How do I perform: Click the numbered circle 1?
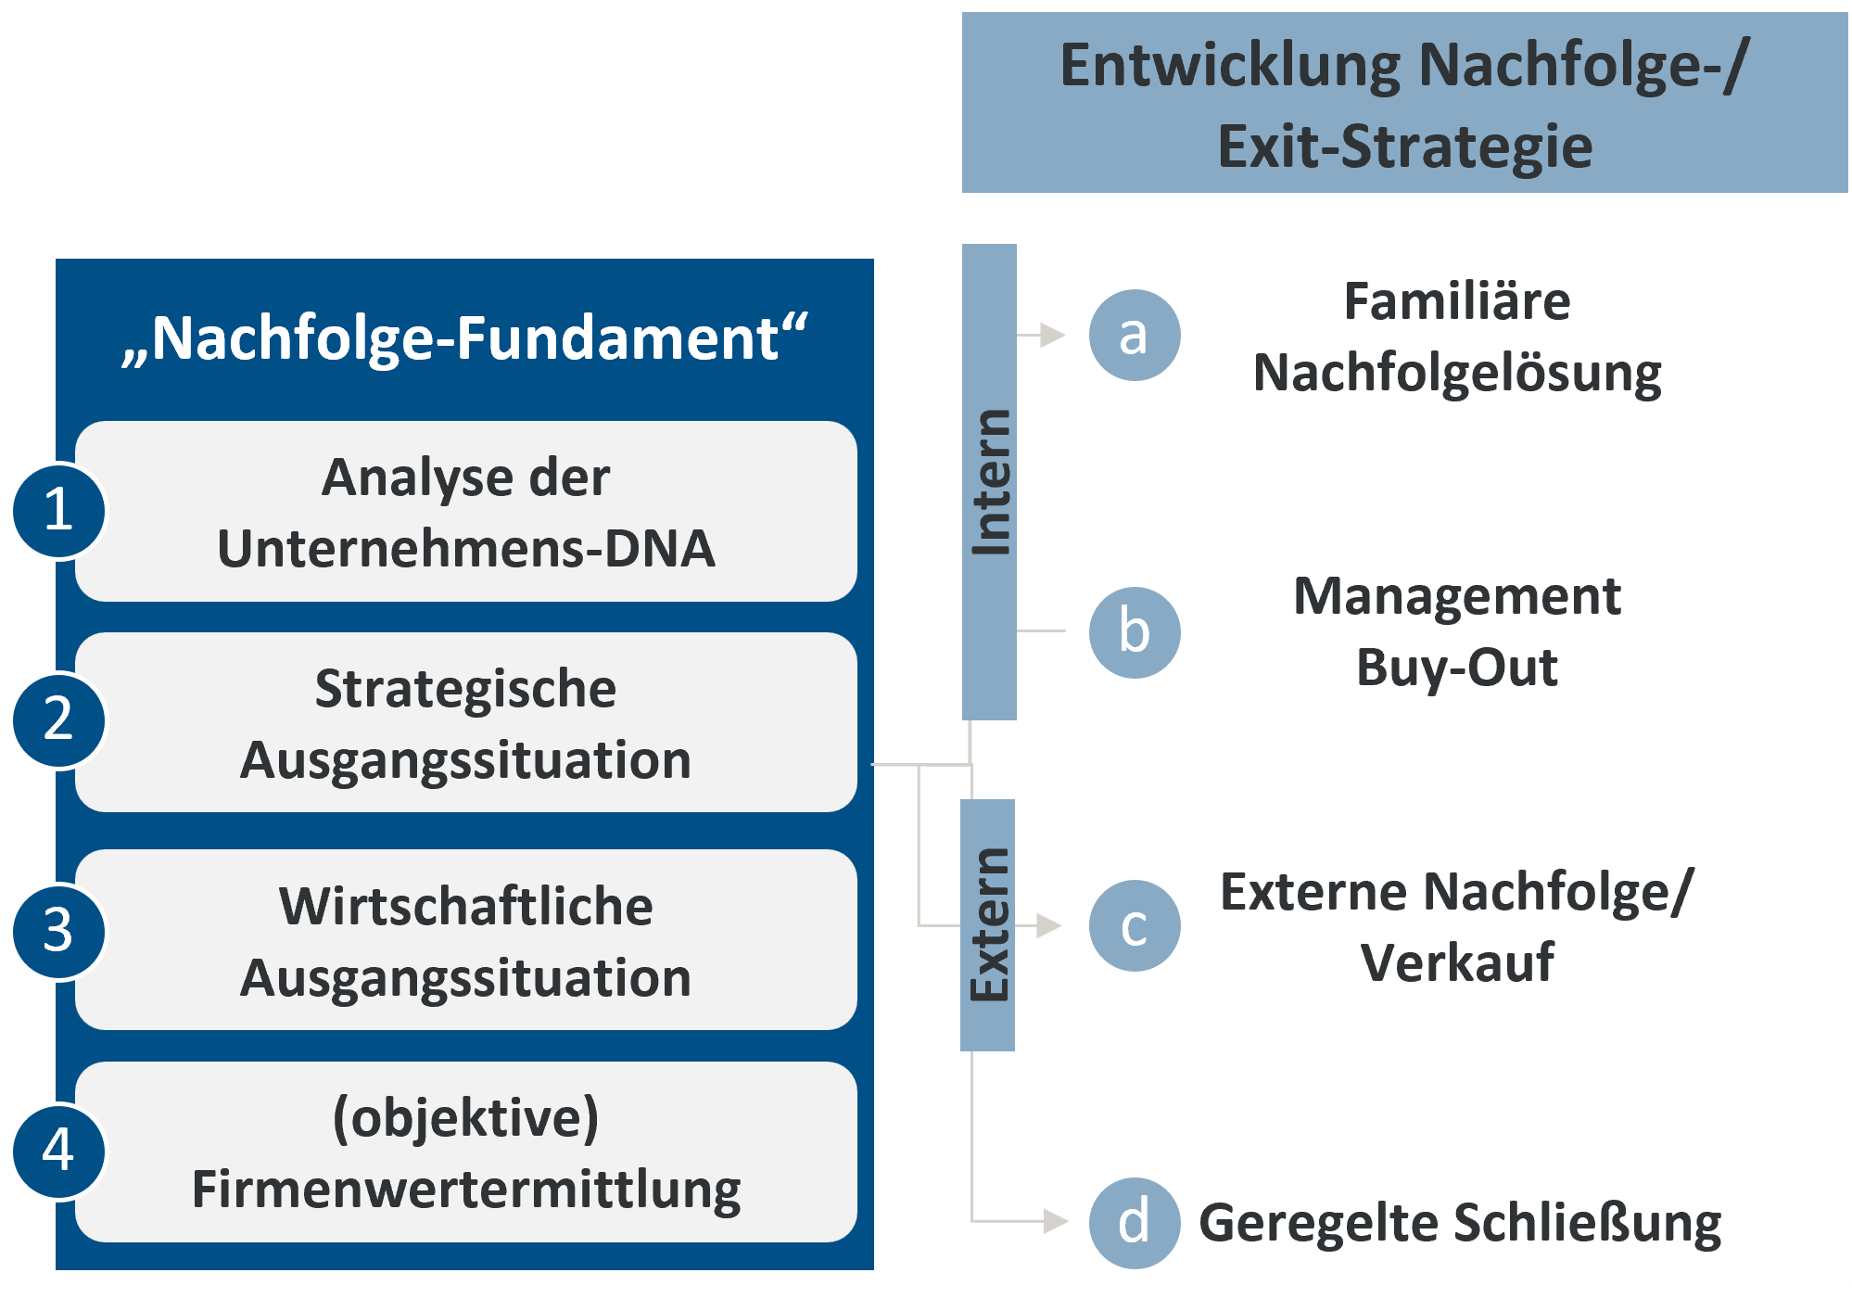pyautogui.click(x=57, y=511)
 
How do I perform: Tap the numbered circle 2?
pyautogui.click(x=57, y=720)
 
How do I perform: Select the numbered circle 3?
pyautogui.click(x=57, y=931)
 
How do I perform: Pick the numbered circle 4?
pyautogui.click(x=57, y=1151)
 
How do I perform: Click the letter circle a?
pyautogui.click(x=1134, y=335)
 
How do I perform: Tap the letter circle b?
pyautogui.click(x=1134, y=632)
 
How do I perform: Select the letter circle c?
pyautogui.click(x=1134, y=926)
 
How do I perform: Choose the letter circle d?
pyautogui.click(x=1134, y=1223)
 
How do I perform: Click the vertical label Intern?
pyautogui.click(x=990, y=482)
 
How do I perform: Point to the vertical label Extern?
pyautogui.click(x=988, y=924)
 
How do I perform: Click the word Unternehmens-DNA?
pyautogui.click(x=465, y=549)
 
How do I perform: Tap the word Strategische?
pyautogui.click(x=465, y=689)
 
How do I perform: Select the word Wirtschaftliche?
pyautogui.click(x=465, y=906)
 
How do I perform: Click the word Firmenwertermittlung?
pyautogui.click(x=465, y=1190)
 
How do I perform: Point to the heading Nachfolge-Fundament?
pyautogui.click(x=465, y=338)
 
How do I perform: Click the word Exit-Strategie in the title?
pyautogui.click(x=1404, y=146)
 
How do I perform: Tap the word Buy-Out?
pyautogui.click(x=1456, y=668)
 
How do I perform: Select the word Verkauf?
pyautogui.click(x=1456, y=962)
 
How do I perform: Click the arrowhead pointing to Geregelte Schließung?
pyautogui.click(x=1055, y=1221)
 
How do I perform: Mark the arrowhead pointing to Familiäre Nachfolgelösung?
pyautogui.click(x=1052, y=335)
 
